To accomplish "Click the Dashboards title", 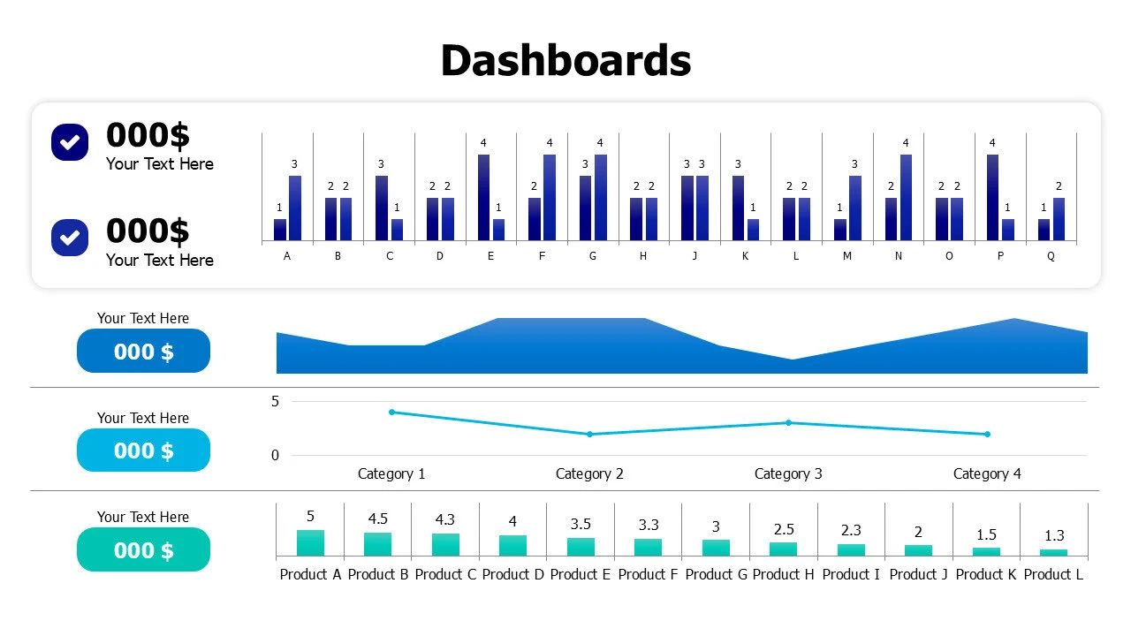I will [x=565, y=61].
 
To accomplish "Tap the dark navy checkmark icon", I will [x=70, y=141].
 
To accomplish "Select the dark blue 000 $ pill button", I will [x=143, y=352].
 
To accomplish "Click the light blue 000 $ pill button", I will [x=143, y=450].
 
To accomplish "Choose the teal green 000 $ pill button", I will [x=143, y=550].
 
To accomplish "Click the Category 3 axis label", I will [x=788, y=473].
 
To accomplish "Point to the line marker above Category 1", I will [x=391, y=412].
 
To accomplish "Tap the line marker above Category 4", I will [x=987, y=434].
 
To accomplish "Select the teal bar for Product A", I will [x=310, y=542].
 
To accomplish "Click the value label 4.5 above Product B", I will [x=378, y=519].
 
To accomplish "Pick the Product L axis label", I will [x=1053, y=574].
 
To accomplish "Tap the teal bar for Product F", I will [x=648, y=547].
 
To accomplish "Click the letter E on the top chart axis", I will [x=490, y=256].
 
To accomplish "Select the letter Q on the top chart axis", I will [x=1051, y=256].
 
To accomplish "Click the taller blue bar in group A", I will [x=295, y=208].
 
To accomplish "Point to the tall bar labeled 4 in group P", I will [x=992, y=198].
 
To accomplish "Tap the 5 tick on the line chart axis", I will [x=275, y=401].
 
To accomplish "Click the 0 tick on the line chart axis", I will [x=275, y=456].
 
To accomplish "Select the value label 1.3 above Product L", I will [x=1053, y=535].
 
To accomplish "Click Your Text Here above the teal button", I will [x=143, y=517].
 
